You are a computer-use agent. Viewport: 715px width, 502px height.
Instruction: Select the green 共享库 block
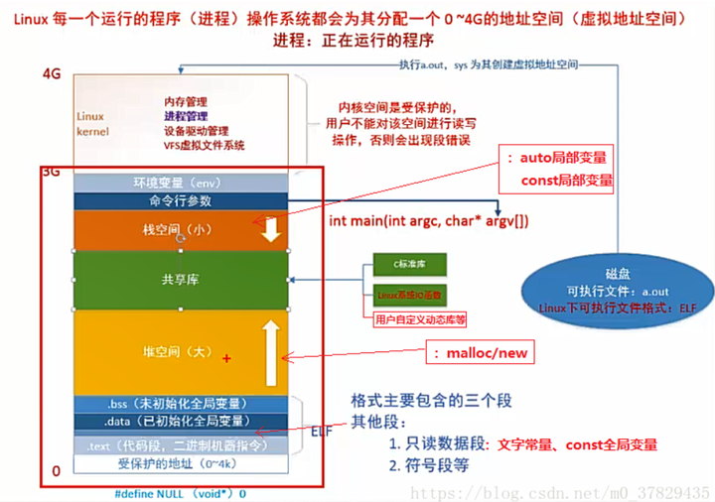[x=181, y=280]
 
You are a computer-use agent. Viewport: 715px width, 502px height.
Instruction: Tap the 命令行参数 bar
[x=179, y=200]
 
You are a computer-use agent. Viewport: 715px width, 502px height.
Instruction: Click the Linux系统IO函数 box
[x=407, y=295]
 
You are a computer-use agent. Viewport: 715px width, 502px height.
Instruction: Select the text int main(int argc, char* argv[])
[x=429, y=220]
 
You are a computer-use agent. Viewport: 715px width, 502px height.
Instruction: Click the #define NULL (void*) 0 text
[x=180, y=492]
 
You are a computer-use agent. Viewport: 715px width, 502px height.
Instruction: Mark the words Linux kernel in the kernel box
[x=92, y=123]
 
